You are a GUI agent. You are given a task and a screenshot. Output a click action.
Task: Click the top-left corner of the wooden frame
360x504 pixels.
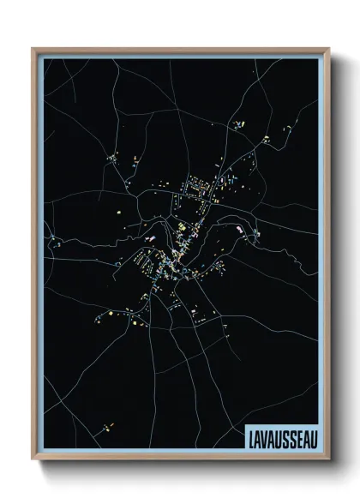click(x=33, y=49)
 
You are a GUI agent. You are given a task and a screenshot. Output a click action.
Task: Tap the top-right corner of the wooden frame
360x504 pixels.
click(x=327, y=49)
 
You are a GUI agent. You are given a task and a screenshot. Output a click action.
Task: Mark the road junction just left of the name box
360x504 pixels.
click(x=230, y=433)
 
